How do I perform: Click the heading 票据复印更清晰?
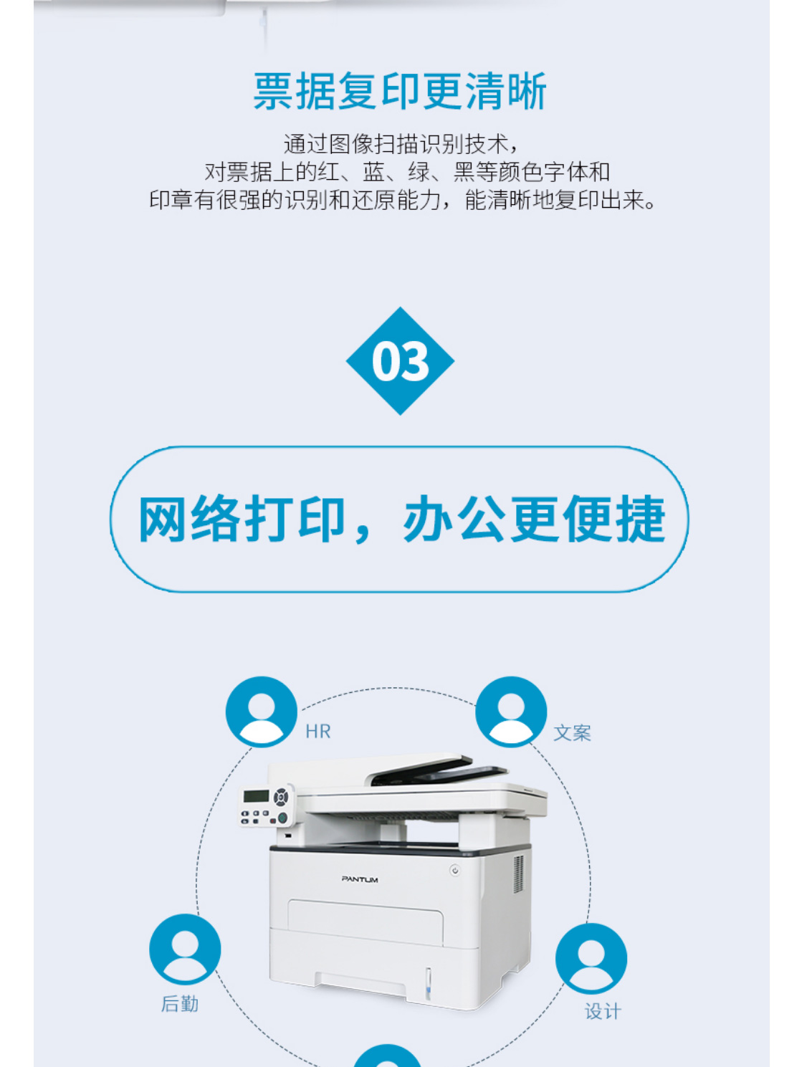[x=399, y=91]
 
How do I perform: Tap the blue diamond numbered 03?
[x=400, y=360]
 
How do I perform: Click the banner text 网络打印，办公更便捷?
[x=401, y=519]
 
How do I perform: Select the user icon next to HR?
[x=262, y=712]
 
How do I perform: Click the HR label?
[x=317, y=732]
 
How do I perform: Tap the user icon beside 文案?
[x=511, y=712]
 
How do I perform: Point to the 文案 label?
[x=572, y=733]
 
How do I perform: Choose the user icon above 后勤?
[x=185, y=949]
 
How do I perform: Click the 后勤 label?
[x=180, y=1004]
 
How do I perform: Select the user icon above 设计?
[x=591, y=958]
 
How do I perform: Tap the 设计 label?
[x=603, y=1012]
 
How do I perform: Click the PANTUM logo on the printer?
[x=360, y=879]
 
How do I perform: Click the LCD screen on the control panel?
[x=256, y=796]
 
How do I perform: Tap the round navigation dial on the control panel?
[x=281, y=797]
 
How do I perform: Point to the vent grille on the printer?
[x=518, y=874]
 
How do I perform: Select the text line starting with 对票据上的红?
[x=407, y=171]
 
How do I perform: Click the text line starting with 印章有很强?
[x=402, y=200]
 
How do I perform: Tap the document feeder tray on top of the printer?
[x=437, y=771]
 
